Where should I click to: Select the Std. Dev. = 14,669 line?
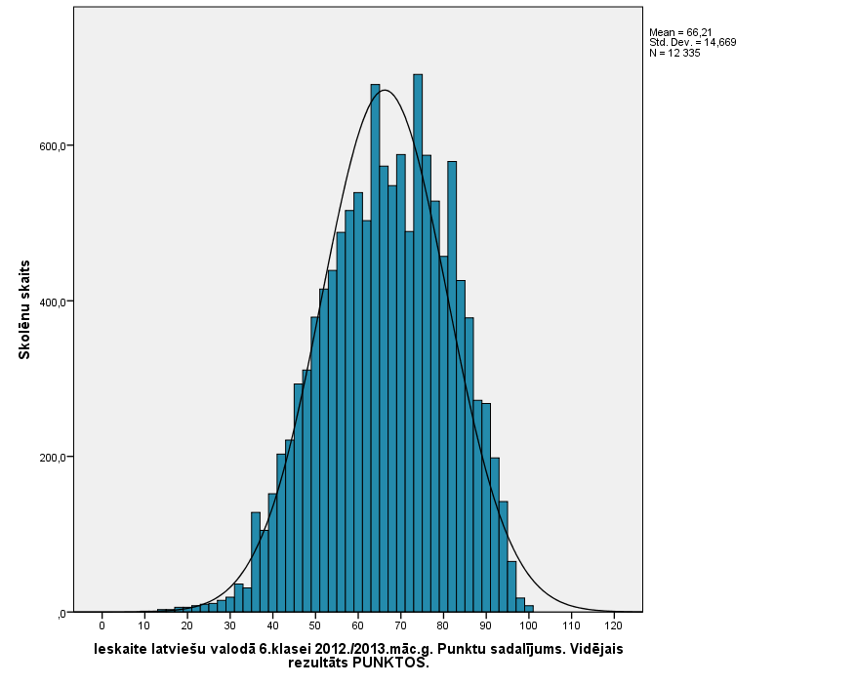pos(683,42)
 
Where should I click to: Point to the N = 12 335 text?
pos(674,53)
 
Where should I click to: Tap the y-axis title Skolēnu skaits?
pos(24,309)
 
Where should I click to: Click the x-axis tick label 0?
pos(102,625)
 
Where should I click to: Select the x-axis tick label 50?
pos(314,625)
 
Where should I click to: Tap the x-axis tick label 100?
pos(528,625)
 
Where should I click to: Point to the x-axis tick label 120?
pos(613,625)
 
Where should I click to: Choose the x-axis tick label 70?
pos(400,625)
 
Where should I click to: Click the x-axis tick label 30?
pos(229,625)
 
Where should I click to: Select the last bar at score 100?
pos(529,609)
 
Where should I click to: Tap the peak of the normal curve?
pos(385,91)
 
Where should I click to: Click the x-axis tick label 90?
pos(485,625)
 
